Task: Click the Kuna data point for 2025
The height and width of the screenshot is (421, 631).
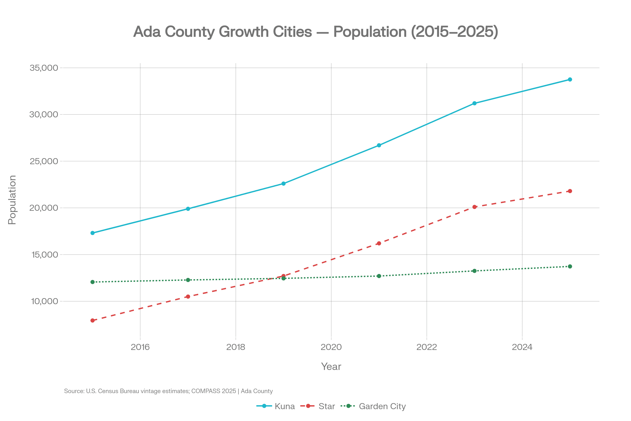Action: [570, 79]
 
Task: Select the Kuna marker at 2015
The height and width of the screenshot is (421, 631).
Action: [93, 233]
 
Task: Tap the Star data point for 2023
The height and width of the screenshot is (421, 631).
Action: [474, 207]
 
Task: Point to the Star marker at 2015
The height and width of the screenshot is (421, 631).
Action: [93, 320]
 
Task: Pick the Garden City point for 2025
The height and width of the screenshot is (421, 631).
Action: [570, 266]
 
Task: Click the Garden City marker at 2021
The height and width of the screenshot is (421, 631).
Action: [379, 276]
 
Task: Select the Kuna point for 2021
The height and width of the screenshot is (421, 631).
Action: [379, 145]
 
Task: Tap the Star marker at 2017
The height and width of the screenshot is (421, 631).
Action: [188, 297]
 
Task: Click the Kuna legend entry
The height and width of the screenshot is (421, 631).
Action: [284, 406]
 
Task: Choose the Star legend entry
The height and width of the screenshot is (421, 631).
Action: [326, 406]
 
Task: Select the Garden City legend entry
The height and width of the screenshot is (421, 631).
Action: [382, 406]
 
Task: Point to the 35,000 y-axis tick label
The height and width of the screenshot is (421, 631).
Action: [44, 68]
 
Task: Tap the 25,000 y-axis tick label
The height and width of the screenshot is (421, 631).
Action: [44, 161]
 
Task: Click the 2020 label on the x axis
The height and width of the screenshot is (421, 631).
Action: [331, 347]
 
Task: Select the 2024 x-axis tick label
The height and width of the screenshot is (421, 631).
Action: [522, 347]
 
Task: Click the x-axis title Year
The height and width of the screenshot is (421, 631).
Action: [331, 367]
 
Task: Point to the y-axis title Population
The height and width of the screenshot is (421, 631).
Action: [12, 200]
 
